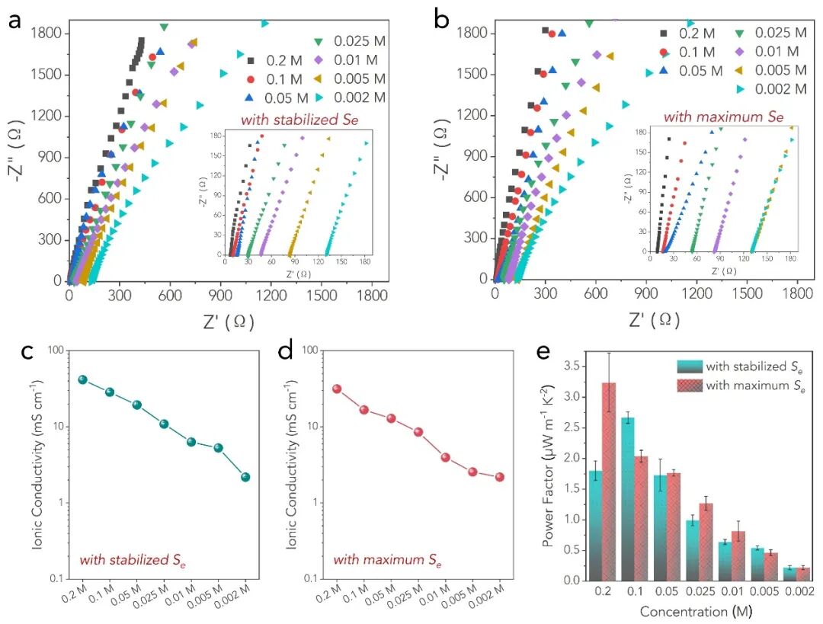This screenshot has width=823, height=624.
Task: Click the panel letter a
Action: [x=14, y=20]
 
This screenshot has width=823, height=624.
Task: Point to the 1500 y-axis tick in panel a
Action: [x=47, y=75]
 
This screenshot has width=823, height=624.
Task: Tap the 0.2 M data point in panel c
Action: [x=82, y=379]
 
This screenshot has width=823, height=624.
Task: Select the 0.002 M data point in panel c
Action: [x=245, y=477]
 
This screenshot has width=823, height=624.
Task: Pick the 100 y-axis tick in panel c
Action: [x=54, y=350]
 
